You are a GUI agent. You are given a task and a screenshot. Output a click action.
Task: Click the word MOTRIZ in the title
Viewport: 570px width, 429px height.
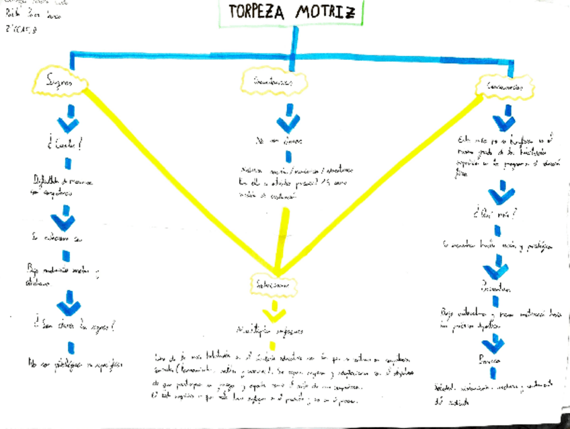(x=327, y=13)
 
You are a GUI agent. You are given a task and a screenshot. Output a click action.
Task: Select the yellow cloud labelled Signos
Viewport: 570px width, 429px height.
(x=59, y=81)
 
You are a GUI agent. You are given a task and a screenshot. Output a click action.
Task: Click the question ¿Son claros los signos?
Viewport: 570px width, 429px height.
(x=71, y=328)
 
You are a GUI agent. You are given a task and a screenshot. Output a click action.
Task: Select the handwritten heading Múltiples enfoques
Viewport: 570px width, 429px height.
(x=269, y=331)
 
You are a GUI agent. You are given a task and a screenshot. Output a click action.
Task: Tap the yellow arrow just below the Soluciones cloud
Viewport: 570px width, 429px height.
(x=274, y=311)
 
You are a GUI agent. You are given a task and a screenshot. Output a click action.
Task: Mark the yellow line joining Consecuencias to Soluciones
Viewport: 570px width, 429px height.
(x=383, y=182)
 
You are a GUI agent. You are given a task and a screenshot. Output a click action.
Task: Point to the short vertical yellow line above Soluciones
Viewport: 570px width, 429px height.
(x=284, y=236)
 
